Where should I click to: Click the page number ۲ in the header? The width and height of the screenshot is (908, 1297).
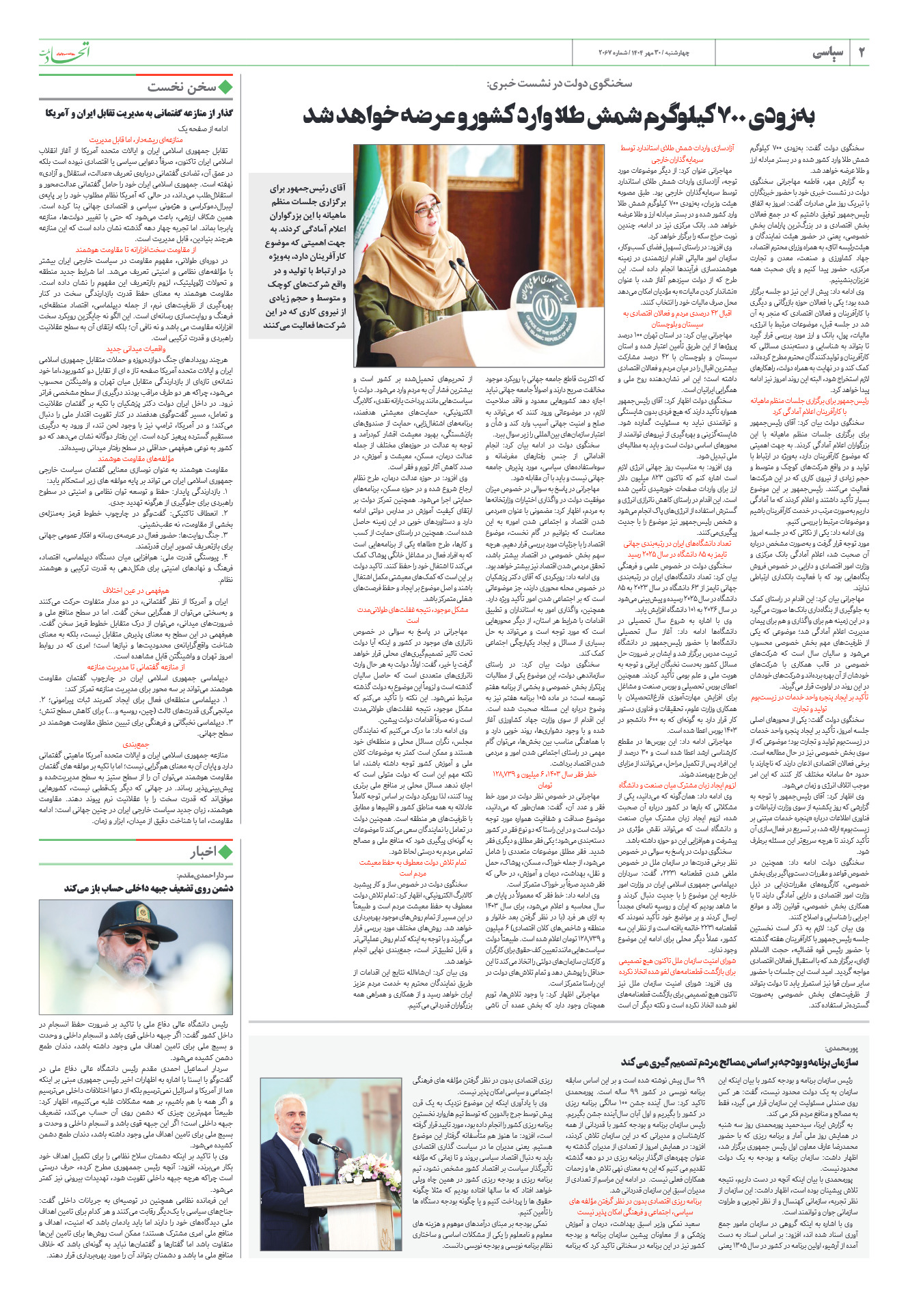[861, 53]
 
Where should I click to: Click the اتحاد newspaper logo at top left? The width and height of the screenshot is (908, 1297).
[64, 52]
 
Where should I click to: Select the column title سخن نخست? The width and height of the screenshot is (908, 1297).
[181, 87]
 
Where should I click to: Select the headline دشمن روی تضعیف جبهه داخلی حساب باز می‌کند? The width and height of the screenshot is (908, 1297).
[148, 888]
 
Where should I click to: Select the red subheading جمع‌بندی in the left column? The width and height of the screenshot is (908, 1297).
[136, 744]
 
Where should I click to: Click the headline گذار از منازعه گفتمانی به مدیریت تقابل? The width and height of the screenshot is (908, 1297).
[139, 113]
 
